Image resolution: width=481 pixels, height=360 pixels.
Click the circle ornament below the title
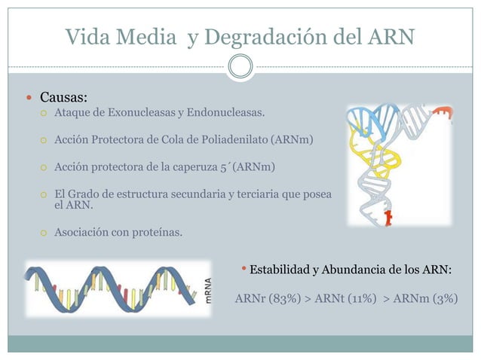click(x=240, y=66)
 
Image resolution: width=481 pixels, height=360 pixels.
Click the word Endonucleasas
click(x=225, y=114)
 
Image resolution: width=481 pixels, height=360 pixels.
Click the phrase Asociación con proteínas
click(x=118, y=232)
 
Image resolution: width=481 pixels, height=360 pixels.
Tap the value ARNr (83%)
click(x=268, y=297)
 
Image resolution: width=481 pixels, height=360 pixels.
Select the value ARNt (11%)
click(x=343, y=297)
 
